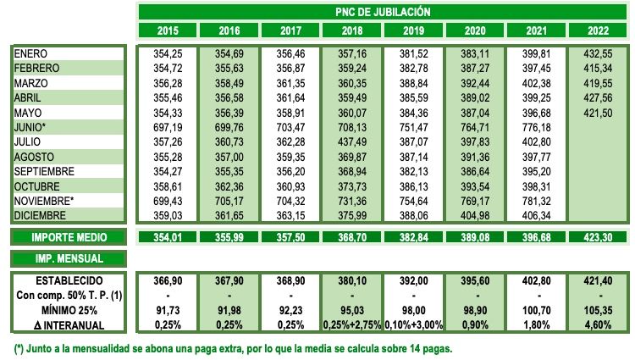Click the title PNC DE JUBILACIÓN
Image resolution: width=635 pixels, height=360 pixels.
click(382, 12)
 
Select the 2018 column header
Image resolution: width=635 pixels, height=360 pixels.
click(351, 31)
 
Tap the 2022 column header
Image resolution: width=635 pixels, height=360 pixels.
click(599, 31)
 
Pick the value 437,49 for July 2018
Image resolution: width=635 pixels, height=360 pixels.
click(351, 141)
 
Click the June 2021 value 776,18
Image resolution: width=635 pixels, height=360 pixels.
click(537, 127)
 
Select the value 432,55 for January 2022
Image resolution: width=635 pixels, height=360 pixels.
click(599, 53)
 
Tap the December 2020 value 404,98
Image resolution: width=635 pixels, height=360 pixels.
click(475, 215)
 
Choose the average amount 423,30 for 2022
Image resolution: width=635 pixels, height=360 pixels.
click(599, 238)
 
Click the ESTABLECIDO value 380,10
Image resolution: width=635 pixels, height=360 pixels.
click(351, 280)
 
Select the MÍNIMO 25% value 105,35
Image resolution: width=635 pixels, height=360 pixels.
click(599, 309)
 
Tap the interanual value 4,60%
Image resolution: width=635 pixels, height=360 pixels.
click(599, 324)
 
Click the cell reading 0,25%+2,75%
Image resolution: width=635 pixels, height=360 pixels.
click(351, 324)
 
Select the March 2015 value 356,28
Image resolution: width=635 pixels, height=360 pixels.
click(166, 83)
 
